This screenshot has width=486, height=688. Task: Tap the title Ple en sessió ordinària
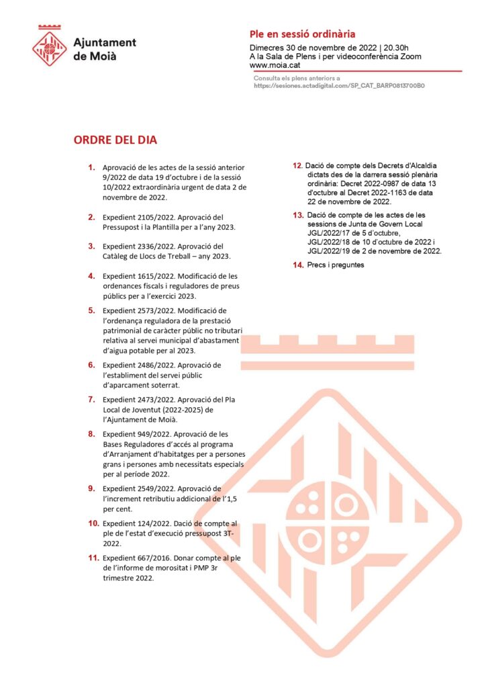point(302,34)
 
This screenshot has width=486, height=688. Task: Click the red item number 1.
point(91,167)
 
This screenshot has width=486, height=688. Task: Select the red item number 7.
point(91,399)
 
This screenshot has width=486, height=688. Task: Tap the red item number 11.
point(93,558)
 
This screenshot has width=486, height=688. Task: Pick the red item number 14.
point(298,265)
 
